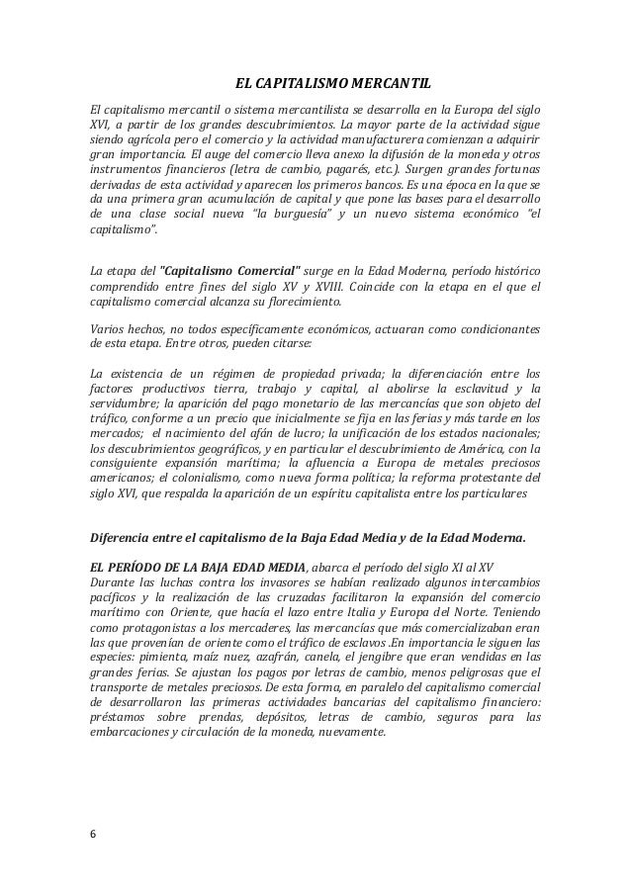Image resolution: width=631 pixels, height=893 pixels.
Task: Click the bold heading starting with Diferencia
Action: coord(308,538)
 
